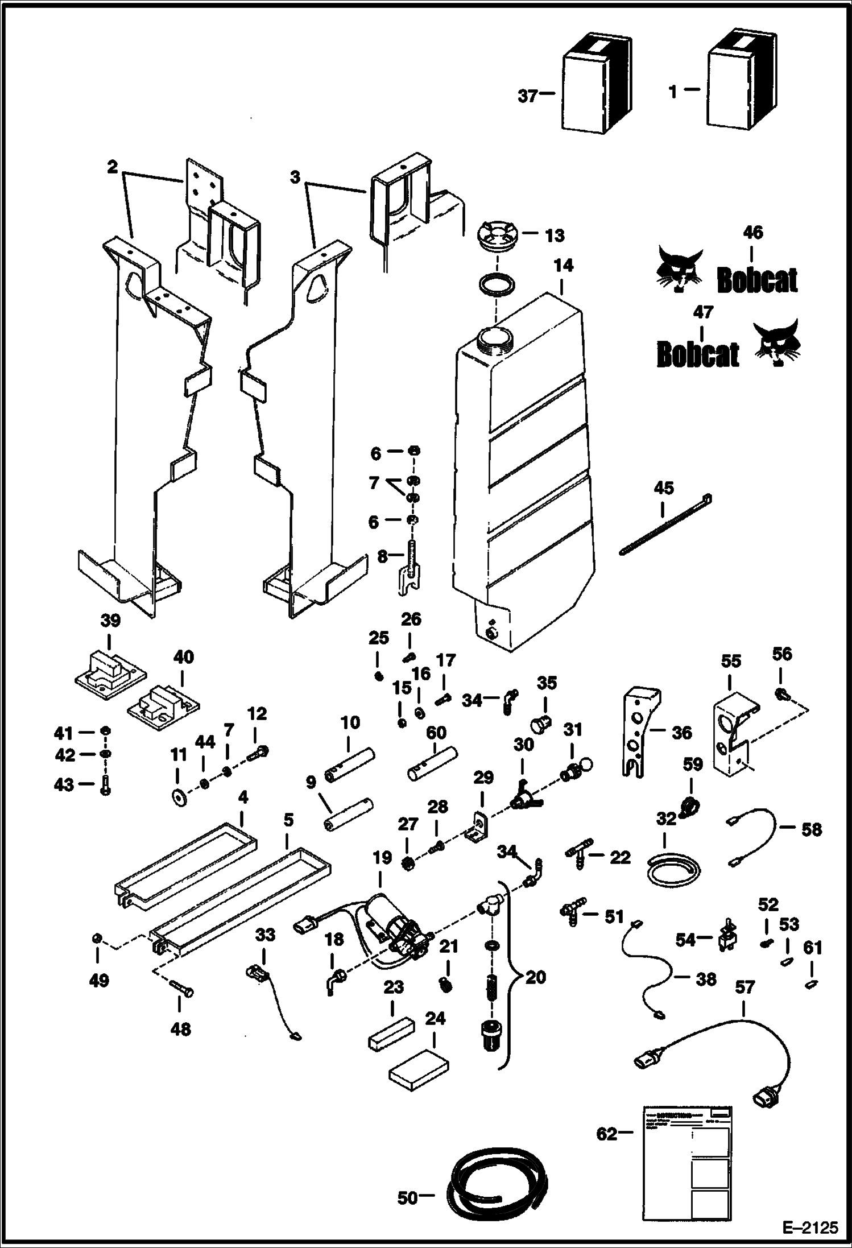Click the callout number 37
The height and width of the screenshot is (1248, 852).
[x=527, y=96]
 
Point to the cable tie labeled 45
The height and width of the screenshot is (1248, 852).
[x=665, y=524]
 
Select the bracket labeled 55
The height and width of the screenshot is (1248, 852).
[x=734, y=733]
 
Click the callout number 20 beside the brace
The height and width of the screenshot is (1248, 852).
[x=535, y=977]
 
